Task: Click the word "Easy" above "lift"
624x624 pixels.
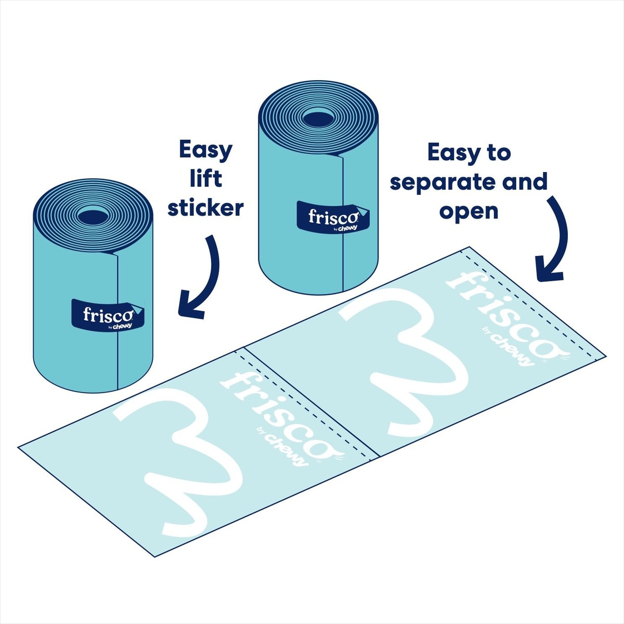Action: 205,151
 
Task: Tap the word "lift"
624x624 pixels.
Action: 206,178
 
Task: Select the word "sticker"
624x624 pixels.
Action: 205,208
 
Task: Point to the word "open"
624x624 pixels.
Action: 469,211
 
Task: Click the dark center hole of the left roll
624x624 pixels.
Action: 93,216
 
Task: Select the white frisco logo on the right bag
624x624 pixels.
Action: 499,317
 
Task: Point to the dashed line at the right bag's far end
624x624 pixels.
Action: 533,307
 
